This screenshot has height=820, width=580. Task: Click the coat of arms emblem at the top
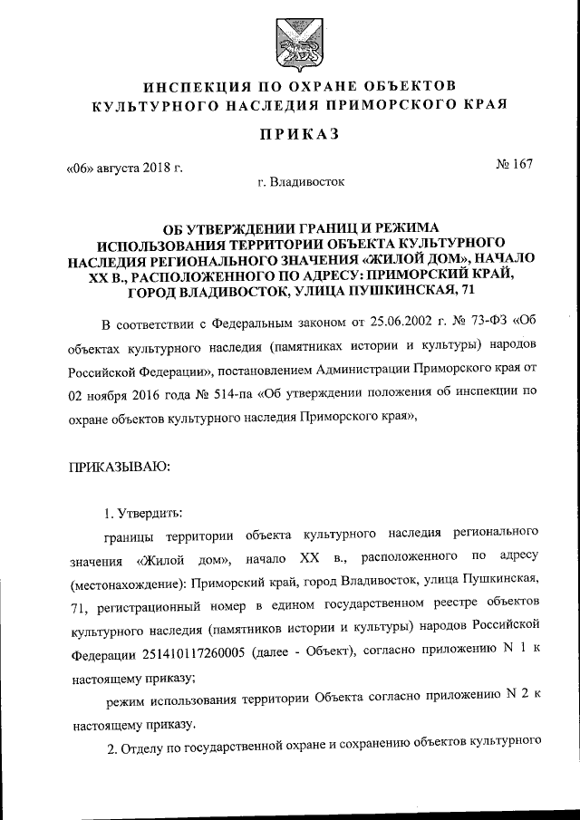[290, 39]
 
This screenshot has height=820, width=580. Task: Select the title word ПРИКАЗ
[290, 134]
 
